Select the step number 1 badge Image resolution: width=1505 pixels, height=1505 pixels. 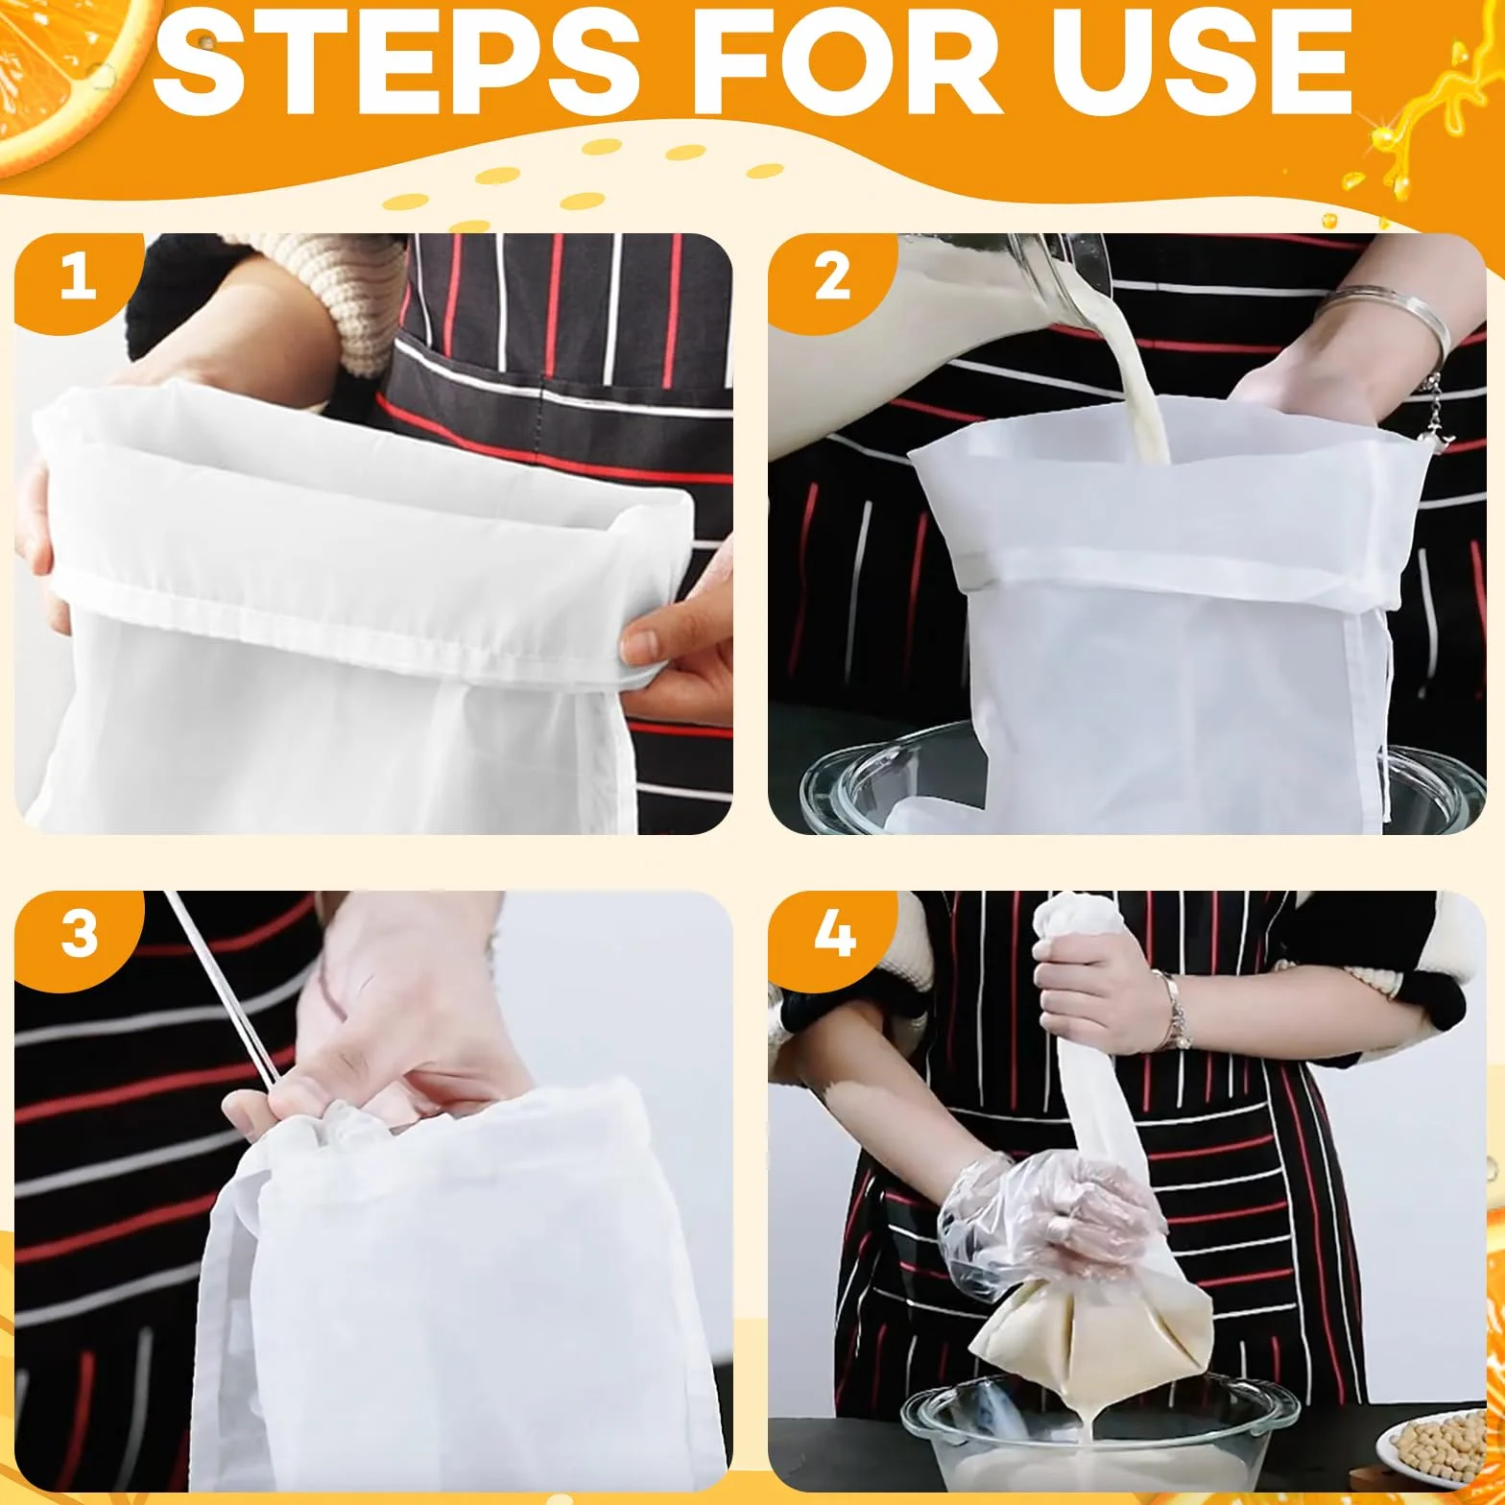coord(77,279)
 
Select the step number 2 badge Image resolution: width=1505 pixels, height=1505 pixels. coord(831,279)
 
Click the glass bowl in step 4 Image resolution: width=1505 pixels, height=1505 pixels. coord(1099,1435)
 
